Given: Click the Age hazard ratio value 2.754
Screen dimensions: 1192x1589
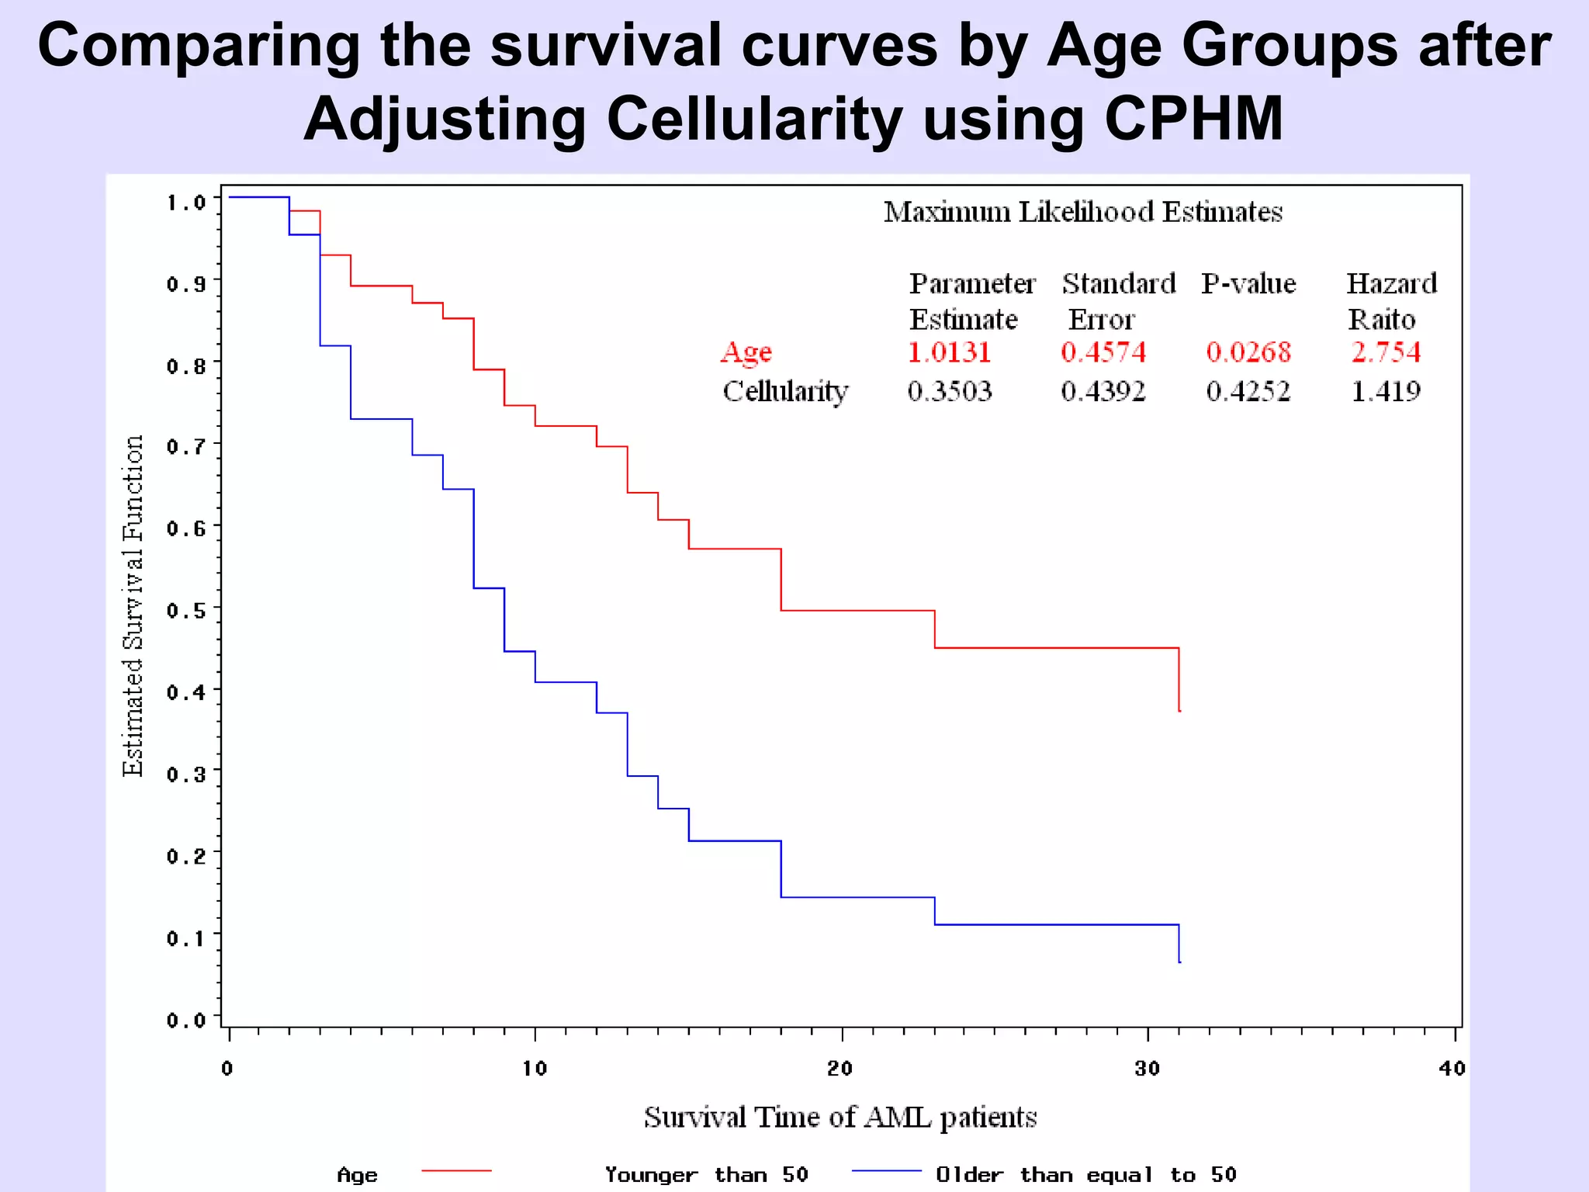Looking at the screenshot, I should pyautogui.click(x=1386, y=352).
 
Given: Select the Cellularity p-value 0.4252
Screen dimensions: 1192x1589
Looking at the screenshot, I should pyautogui.click(x=1248, y=391).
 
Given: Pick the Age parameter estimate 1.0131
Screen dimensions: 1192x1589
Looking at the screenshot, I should pyautogui.click(x=949, y=352).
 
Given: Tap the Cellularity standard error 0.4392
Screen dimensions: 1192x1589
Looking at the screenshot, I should pyautogui.click(x=1103, y=391).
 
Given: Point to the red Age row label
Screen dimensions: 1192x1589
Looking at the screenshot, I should pyautogui.click(x=746, y=352).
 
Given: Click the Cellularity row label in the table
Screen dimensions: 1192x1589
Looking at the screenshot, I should pyautogui.click(x=785, y=391).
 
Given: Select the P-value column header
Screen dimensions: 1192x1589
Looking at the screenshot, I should pyautogui.click(x=1248, y=283).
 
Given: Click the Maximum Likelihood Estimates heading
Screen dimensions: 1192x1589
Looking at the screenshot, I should pyautogui.click(x=1083, y=212).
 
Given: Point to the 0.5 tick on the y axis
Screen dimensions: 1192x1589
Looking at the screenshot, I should pyautogui.click(x=186, y=610).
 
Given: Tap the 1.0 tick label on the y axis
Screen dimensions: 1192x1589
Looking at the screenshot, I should pyautogui.click(x=186, y=203).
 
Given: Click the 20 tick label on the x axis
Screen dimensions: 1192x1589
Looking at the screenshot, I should pyautogui.click(x=840, y=1069).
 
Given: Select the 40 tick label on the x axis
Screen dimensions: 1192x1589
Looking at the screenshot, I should pyautogui.click(x=1452, y=1069).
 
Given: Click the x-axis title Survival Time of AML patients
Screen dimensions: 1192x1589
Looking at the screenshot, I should pyautogui.click(x=840, y=1117).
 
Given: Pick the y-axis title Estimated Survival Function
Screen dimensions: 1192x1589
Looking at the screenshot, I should pyautogui.click(x=133, y=605).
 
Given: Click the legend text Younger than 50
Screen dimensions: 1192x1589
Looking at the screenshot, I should pyautogui.click(x=706, y=1175).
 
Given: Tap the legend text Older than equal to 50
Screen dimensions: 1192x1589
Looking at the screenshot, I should pyautogui.click(x=1085, y=1175).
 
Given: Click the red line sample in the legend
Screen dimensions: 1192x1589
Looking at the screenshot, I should pyautogui.click(x=456, y=1170).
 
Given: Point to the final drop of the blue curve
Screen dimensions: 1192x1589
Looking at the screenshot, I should pyautogui.click(x=1179, y=944).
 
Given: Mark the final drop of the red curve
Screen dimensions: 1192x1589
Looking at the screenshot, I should pyautogui.click(x=1179, y=680).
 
